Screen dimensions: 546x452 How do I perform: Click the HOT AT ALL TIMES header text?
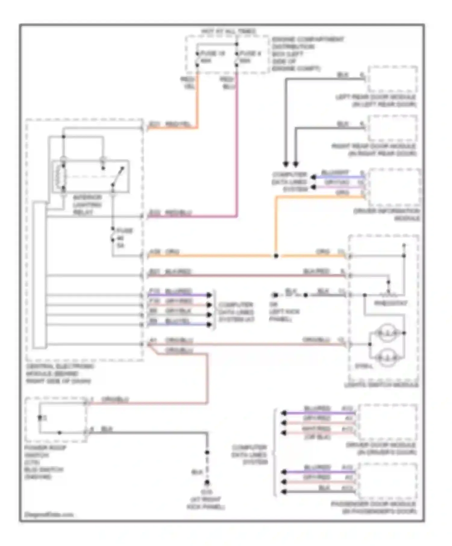point(228,31)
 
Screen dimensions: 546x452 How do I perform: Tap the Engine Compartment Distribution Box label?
point(307,54)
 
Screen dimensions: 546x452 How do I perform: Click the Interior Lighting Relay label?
point(87,205)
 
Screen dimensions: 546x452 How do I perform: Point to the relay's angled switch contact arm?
point(118,176)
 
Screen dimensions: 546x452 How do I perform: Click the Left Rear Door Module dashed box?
point(393,79)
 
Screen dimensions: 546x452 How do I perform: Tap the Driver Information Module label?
point(387,214)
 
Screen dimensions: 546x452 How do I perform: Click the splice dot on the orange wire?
point(276,256)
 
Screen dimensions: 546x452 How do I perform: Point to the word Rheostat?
point(391,303)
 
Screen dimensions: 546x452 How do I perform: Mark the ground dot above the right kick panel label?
point(207,482)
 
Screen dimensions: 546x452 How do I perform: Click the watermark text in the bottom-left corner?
point(49,514)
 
